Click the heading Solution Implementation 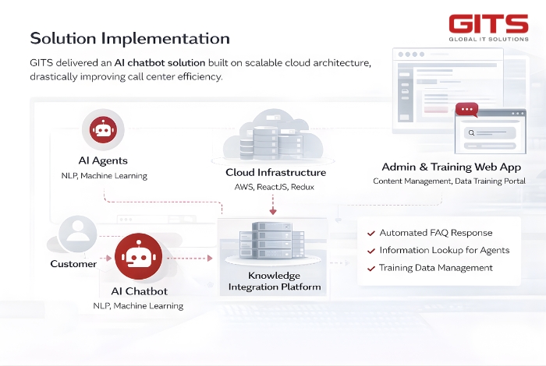pos(129,38)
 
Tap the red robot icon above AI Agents pos(103,130)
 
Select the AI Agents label pos(103,160)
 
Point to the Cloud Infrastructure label pos(275,172)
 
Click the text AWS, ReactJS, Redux pos(274,188)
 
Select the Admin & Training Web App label pos(451,167)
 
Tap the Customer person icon pos(77,231)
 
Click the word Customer pos(73,264)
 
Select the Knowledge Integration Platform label pos(274,281)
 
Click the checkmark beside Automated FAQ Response pos(370,233)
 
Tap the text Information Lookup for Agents pos(444,250)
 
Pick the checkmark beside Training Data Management pos(370,268)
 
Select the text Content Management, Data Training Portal pos(448,181)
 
